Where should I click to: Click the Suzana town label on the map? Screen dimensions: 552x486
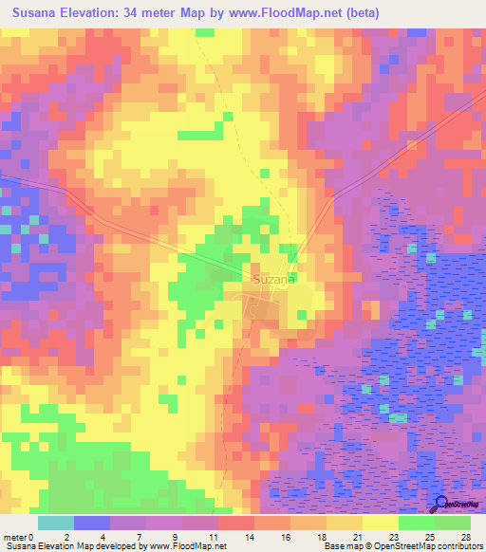click(x=275, y=280)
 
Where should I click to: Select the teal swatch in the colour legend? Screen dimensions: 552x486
click(x=56, y=523)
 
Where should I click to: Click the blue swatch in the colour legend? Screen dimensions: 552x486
click(x=92, y=523)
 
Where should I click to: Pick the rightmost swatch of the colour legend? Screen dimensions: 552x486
click(x=453, y=523)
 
